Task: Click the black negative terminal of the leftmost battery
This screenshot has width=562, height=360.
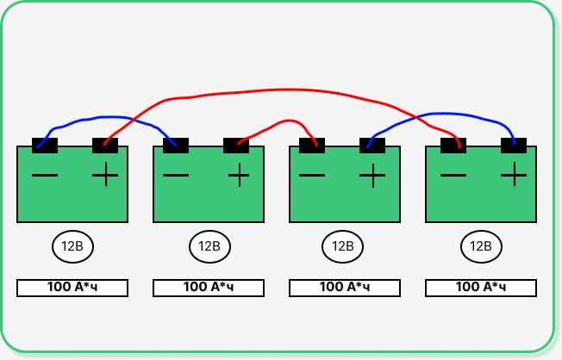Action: tap(45, 146)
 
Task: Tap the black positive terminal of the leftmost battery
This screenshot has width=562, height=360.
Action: tap(105, 146)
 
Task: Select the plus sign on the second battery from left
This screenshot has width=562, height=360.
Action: tap(239, 175)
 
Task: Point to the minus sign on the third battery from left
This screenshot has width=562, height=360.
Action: tap(312, 175)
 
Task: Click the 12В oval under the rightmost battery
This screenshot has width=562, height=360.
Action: tap(481, 246)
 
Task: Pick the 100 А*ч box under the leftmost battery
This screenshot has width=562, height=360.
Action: tap(72, 288)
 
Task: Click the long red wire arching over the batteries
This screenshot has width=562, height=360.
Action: tap(287, 90)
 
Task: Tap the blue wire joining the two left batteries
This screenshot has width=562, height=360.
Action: tap(108, 117)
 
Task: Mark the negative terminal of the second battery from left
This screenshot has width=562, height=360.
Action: tap(176, 146)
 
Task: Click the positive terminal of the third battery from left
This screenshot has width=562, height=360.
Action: tap(372, 146)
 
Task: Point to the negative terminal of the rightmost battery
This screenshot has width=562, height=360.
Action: tap(453, 146)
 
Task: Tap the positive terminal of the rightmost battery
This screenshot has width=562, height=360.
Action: tap(514, 146)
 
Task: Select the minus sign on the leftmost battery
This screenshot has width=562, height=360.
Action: tap(45, 175)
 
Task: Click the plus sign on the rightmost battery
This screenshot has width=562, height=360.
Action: tap(514, 175)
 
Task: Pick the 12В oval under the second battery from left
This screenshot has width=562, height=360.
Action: tap(209, 246)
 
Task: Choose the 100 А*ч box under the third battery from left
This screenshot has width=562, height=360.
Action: tap(345, 288)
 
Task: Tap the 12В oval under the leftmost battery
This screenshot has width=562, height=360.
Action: tap(72, 246)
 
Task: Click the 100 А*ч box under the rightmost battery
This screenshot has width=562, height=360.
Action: tap(481, 288)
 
